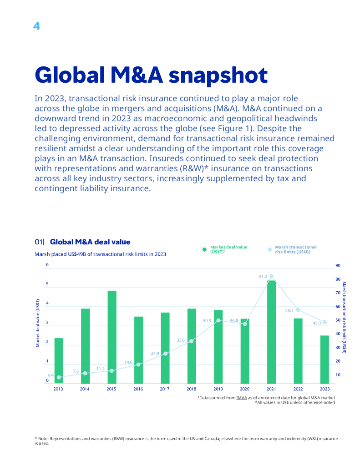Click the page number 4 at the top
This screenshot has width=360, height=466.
[x=36, y=26]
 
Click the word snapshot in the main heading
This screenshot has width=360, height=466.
[x=218, y=75]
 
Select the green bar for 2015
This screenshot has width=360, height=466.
[x=112, y=337]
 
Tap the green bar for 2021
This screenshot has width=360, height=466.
[x=271, y=332]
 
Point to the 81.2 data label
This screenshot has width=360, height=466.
[x=263, y=277]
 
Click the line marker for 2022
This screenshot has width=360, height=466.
[x=298, y=310]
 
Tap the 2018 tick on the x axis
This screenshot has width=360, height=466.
[x=191, y=389]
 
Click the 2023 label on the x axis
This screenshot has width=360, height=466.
[x=325, y=389]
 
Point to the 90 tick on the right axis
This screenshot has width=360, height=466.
[x=338, y=265]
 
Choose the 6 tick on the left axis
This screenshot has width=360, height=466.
[x=47, y=265]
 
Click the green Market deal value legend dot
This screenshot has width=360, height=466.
[x=205, y=249]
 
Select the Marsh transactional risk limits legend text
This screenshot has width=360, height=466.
[x=295, y=249]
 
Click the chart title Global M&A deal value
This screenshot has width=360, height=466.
[x=90, y=242]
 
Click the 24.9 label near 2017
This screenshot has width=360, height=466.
[x=155, y=353]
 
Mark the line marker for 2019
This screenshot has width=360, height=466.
[x=218, y=320]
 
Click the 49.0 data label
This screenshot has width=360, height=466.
[x=317, y=323]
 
